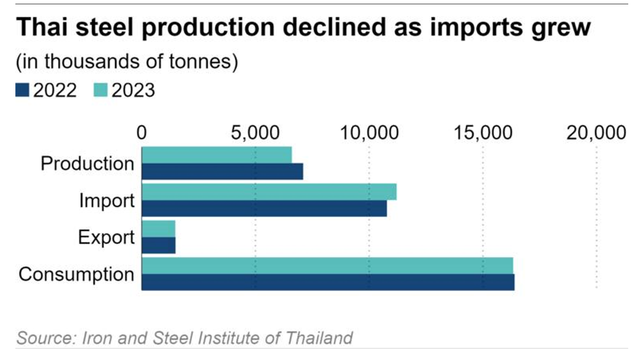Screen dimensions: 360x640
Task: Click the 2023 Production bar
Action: (217, 155)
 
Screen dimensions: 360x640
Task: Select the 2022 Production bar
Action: (222, 171)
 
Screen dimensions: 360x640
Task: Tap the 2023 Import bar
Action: (269, 191)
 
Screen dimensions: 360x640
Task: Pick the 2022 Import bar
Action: (264, 209)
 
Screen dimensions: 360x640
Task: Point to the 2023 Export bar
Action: (158, 228)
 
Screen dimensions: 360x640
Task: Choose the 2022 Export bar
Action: (158, 245)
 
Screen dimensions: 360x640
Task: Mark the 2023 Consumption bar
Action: (327, 266)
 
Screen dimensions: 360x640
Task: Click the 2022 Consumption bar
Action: (328, 282)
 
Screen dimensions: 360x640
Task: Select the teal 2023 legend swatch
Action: (101, 91)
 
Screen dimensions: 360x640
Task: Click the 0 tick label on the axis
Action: (141, 132)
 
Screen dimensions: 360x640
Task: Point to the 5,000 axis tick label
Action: (255, 132)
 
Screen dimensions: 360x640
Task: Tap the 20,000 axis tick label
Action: (596, 132)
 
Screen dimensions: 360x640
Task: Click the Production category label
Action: (87, 163)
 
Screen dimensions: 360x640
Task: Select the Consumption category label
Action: (76, 275)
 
